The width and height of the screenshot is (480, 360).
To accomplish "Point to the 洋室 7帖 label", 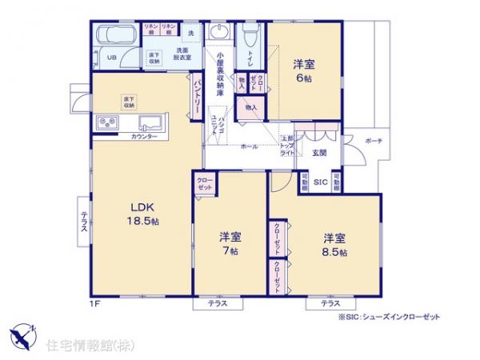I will click(x=230, y=243).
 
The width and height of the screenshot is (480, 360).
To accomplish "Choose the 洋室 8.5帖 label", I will click(x=334, y=245).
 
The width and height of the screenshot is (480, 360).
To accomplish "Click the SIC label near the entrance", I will click(x=319, y=182).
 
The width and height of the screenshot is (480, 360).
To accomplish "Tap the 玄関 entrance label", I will click(x=319, y=152).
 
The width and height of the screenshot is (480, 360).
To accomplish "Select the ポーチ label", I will click(x=373, y=141).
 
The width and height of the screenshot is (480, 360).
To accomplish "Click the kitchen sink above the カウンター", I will click(x=150, y=122).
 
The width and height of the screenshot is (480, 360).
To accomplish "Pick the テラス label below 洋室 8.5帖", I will click(x=330, y=304).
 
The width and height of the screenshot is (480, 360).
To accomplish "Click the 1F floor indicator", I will click(x=93, y=303).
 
